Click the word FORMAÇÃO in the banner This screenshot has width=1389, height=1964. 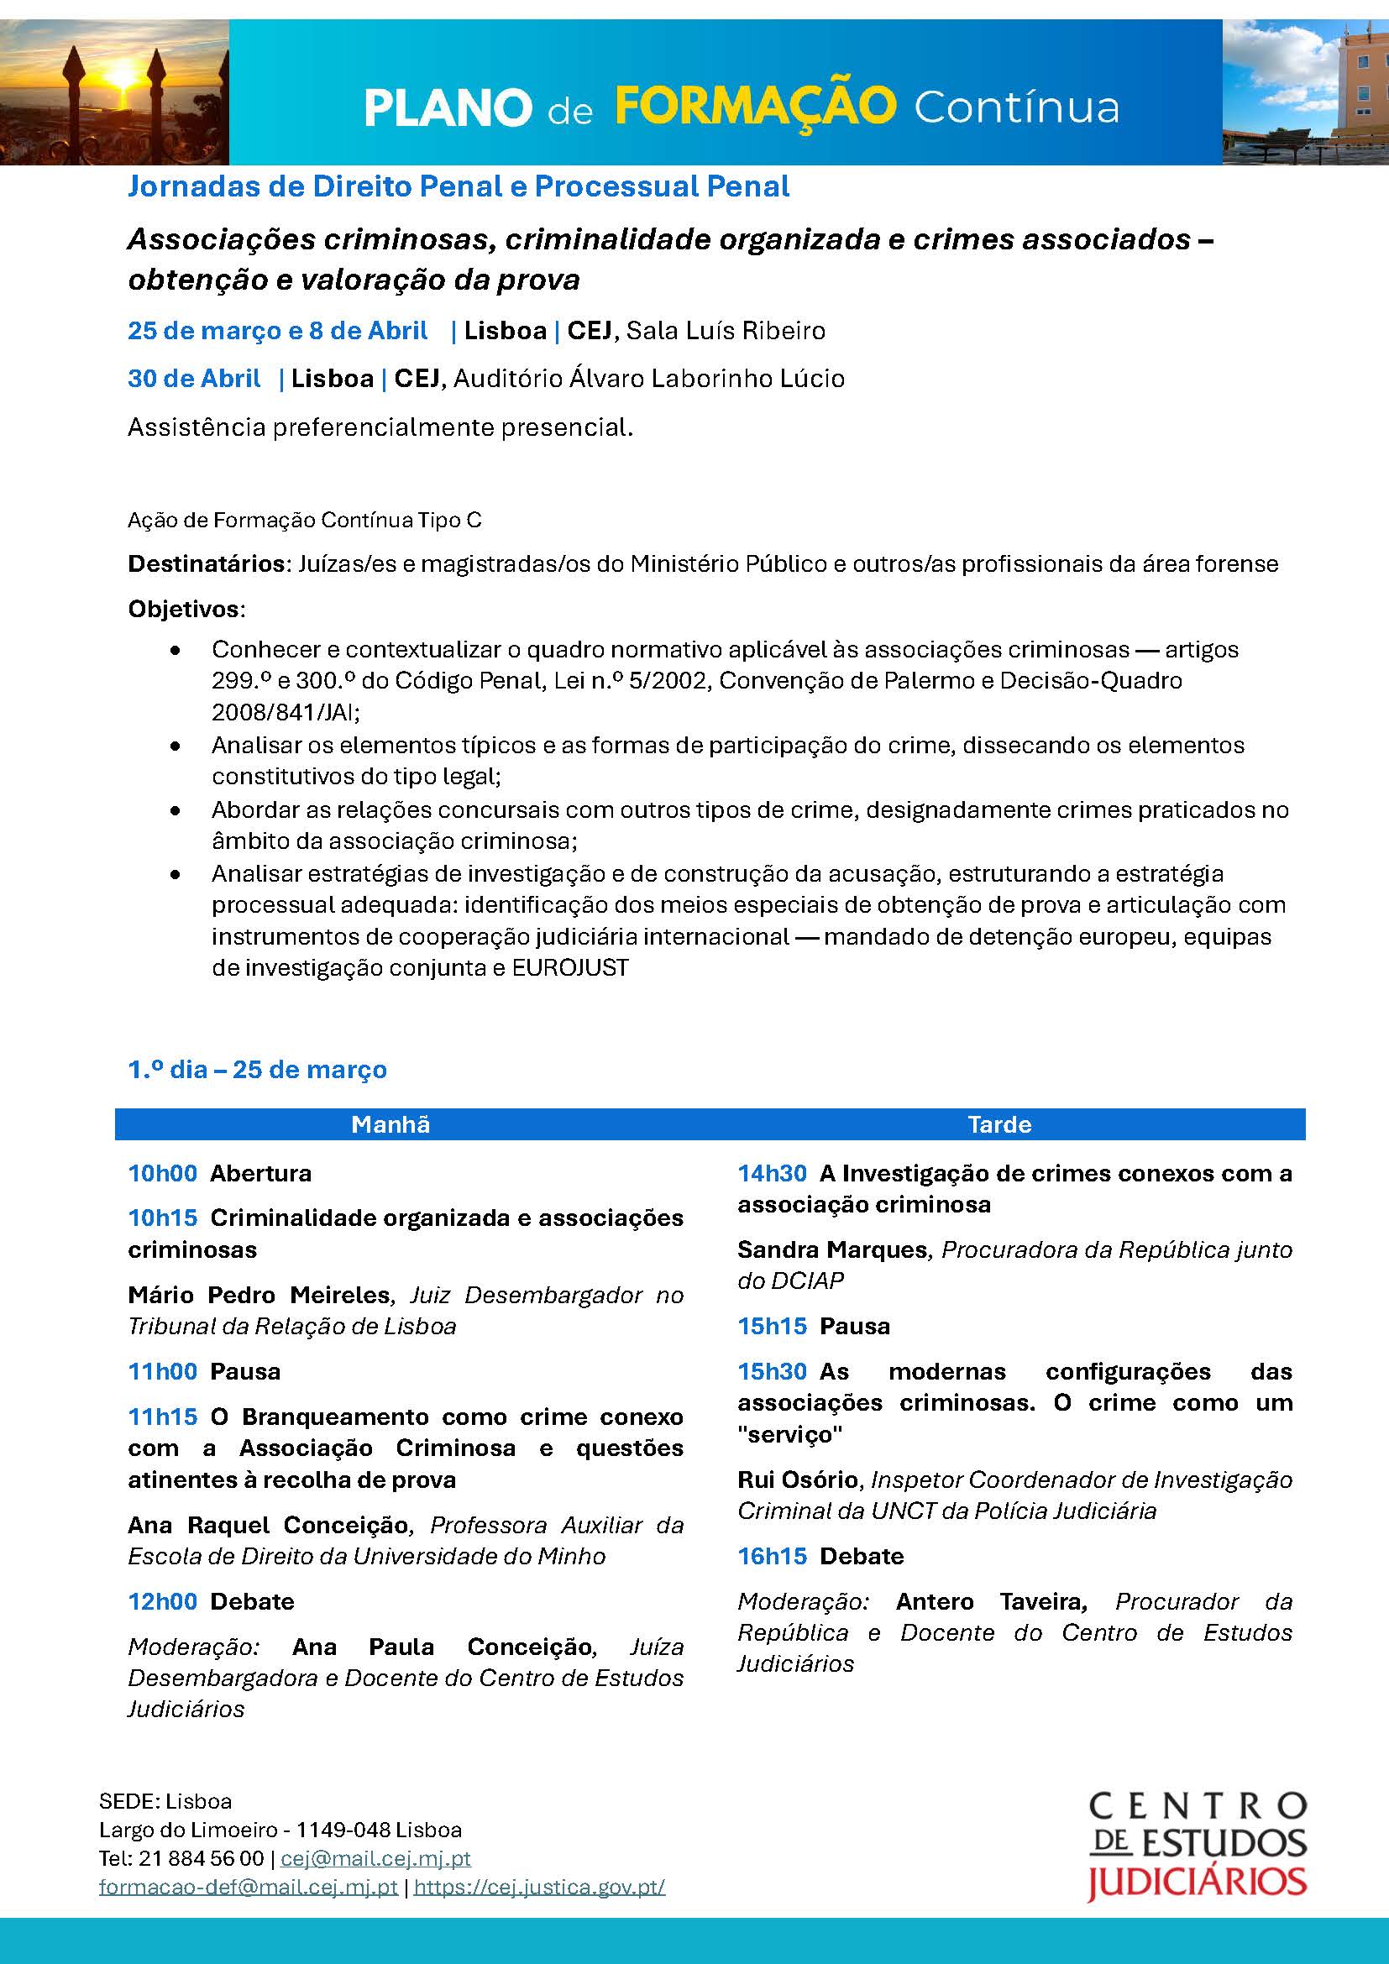(755, 107)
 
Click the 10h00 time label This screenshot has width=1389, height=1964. (163, 1173)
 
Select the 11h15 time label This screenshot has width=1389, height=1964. (163, 1417)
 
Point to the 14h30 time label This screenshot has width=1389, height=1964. (773, 1173)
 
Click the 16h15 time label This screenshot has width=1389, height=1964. (773, 1556)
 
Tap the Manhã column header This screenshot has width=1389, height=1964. (390, 1124)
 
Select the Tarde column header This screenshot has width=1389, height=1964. (999, 1124)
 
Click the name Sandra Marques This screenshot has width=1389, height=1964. (832, 1249)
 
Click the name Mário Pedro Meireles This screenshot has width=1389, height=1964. (259, 1295)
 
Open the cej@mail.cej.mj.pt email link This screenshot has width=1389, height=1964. (375, 1858)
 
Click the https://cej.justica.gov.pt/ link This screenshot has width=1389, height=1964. (540, 1887)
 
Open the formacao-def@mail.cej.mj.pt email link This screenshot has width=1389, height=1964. (248, 1887)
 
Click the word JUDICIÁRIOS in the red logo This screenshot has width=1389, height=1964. (1197, 1882)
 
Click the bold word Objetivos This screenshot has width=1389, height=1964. (184, 609)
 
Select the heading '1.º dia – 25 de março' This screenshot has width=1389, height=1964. (258, 1069)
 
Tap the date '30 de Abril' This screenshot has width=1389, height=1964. (194, 378)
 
